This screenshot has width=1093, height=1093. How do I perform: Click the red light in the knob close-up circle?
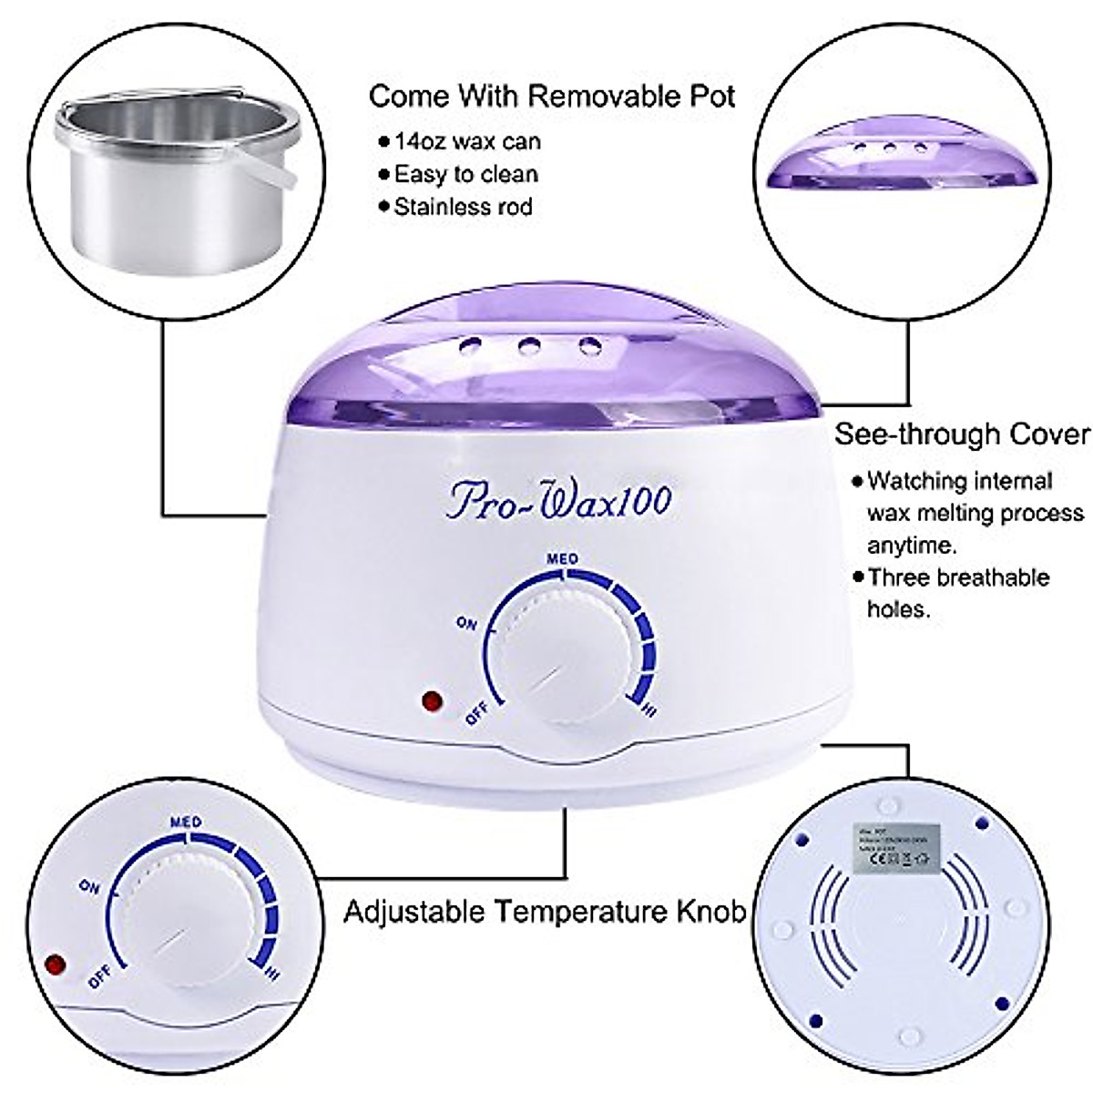[57, 963]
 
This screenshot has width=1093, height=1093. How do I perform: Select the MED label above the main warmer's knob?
[562, 558]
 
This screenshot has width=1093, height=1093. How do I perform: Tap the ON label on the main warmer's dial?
[467, 623]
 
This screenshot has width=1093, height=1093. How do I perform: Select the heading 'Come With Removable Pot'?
[552, 97]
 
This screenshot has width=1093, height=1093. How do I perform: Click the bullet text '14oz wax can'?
[466, 142]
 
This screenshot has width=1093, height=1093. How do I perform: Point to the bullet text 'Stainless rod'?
[463, 207]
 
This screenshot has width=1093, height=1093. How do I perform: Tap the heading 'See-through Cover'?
[962, 434]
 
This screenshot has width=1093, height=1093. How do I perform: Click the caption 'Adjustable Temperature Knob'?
[545, 911]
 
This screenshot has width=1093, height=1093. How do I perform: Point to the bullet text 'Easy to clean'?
[465, 174]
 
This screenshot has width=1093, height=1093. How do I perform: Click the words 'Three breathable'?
[958, 577]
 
